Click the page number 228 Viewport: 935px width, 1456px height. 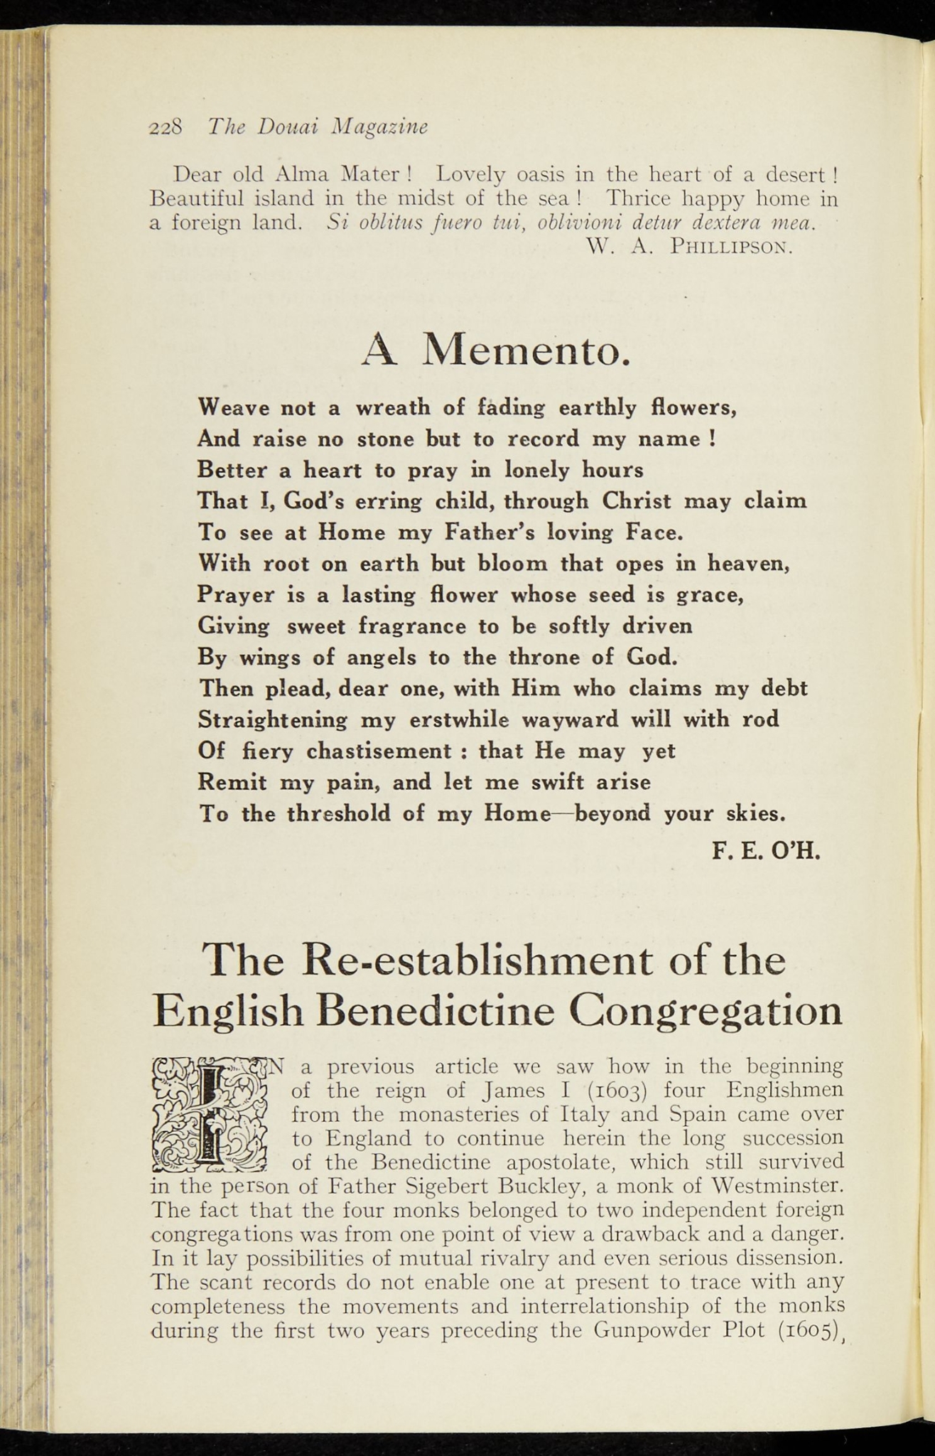pyautogui.click(x=166, y=127)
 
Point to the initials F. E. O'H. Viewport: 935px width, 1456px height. pyautogui.click(x=767, y=850)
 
